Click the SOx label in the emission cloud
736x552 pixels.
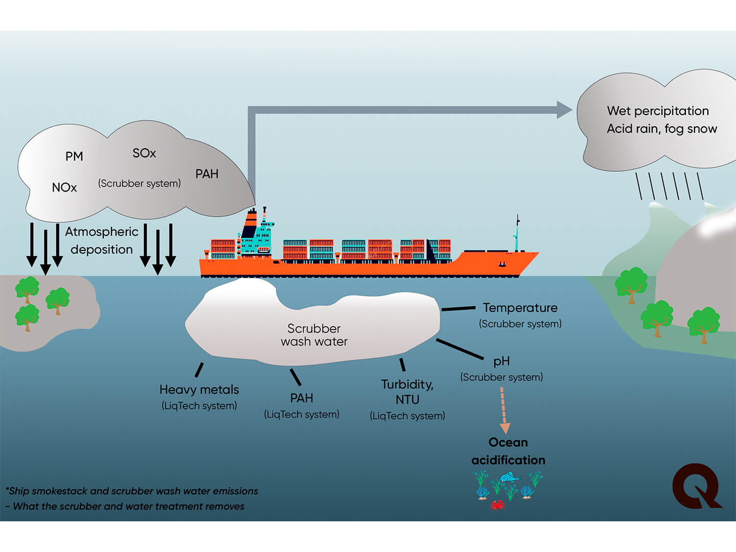point(144,153)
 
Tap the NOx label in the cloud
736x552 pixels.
point(64,188)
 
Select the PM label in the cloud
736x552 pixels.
point(74,156)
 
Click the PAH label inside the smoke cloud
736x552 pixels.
point(207,174)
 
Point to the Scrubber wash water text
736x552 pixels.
point(314,335)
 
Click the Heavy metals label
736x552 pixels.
point(199,389)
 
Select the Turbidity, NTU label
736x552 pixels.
point(407,392)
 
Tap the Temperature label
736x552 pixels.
point(520,308)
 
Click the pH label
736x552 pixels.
point(501,361)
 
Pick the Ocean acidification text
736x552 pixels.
point(508,451)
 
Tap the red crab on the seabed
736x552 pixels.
point(497,505)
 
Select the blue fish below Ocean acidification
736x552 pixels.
point(509,478)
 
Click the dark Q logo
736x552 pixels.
point(696,486)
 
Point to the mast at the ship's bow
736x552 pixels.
point(517,233)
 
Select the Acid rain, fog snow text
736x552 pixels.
point(662,129)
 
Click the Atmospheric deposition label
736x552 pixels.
point(102,240)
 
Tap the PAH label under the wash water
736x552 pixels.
point(302,398)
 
